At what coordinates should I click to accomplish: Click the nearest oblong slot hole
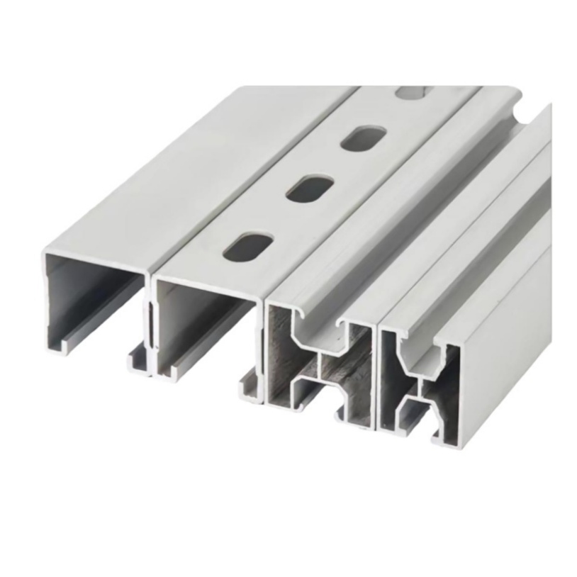247,245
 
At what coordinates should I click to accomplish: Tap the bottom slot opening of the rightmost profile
418,418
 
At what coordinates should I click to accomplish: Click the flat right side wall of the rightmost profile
507,354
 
